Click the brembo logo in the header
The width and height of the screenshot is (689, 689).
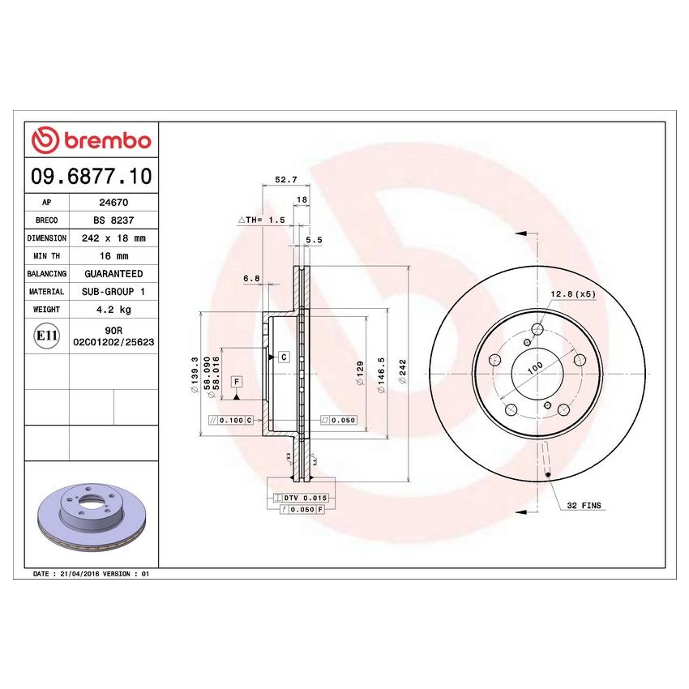click(91, 141)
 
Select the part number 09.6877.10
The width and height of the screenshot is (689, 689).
click(91, 176)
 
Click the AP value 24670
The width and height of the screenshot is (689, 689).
click(113, 203)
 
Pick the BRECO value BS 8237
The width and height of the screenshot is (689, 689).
click(113, 220)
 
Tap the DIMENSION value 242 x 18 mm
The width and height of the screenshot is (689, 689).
click(113, 238)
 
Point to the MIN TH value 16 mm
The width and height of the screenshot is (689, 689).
click(113, 256)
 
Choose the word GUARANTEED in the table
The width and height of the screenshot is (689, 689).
click(113, 274)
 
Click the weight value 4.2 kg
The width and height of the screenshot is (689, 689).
click(113, 309)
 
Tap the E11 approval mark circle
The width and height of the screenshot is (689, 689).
click(47, 336)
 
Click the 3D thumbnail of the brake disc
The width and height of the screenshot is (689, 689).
click(91, 516)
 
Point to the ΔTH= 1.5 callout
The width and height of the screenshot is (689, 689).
click(261, 220)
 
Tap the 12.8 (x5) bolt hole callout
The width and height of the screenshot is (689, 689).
click(573, 293)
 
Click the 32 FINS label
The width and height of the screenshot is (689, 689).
click(584, 505)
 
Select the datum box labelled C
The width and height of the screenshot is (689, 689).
click(284, 357)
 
